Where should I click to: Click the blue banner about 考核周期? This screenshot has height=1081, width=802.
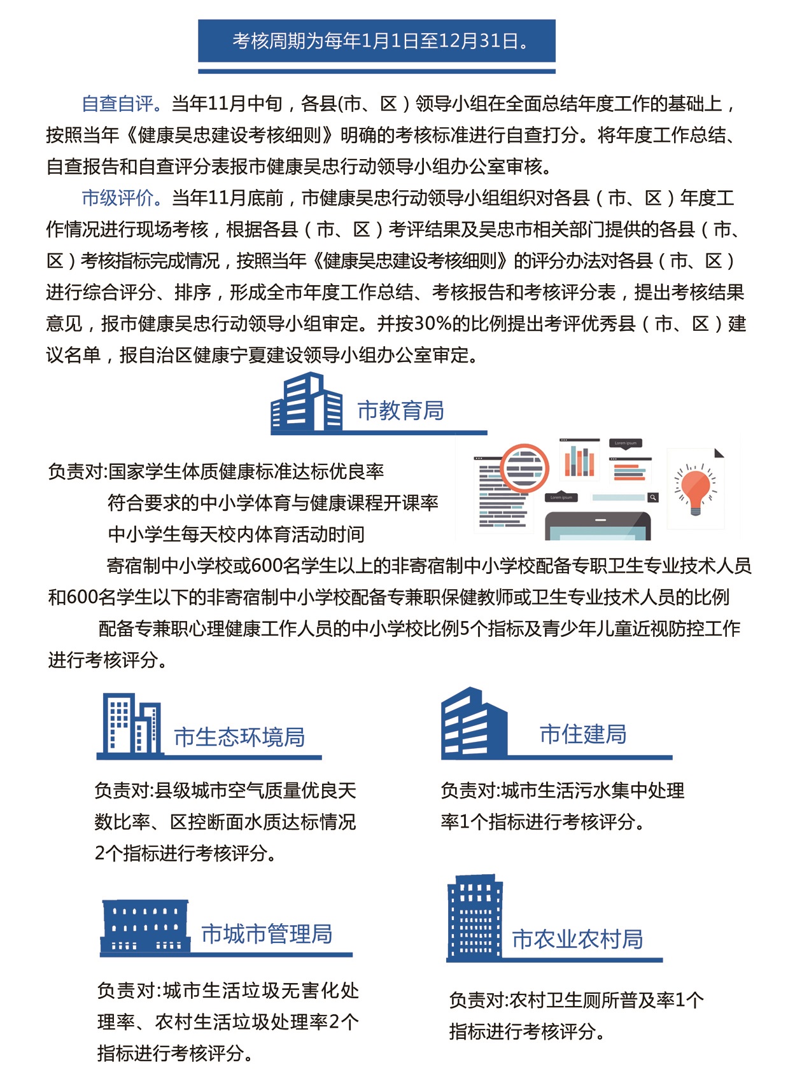pos(376,41)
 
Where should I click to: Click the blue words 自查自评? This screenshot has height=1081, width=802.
pos(118,104)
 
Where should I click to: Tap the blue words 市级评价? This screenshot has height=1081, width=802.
pos(118,198)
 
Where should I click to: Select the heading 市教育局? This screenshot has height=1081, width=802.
pos(400,411)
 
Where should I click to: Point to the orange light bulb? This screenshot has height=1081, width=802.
pos(695,488)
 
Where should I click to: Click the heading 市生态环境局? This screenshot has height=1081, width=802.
pos(239,737)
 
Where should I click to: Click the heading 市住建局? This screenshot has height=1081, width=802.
pos(582,734)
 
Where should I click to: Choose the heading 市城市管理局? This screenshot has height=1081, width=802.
pos(267,934)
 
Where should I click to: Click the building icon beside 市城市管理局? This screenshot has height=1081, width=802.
pos(145,926)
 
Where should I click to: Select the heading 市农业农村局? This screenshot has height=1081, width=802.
pos(577,939)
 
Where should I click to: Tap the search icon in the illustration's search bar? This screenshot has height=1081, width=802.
pos(652,498)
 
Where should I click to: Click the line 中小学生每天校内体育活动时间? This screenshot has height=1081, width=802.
pos(236,534)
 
